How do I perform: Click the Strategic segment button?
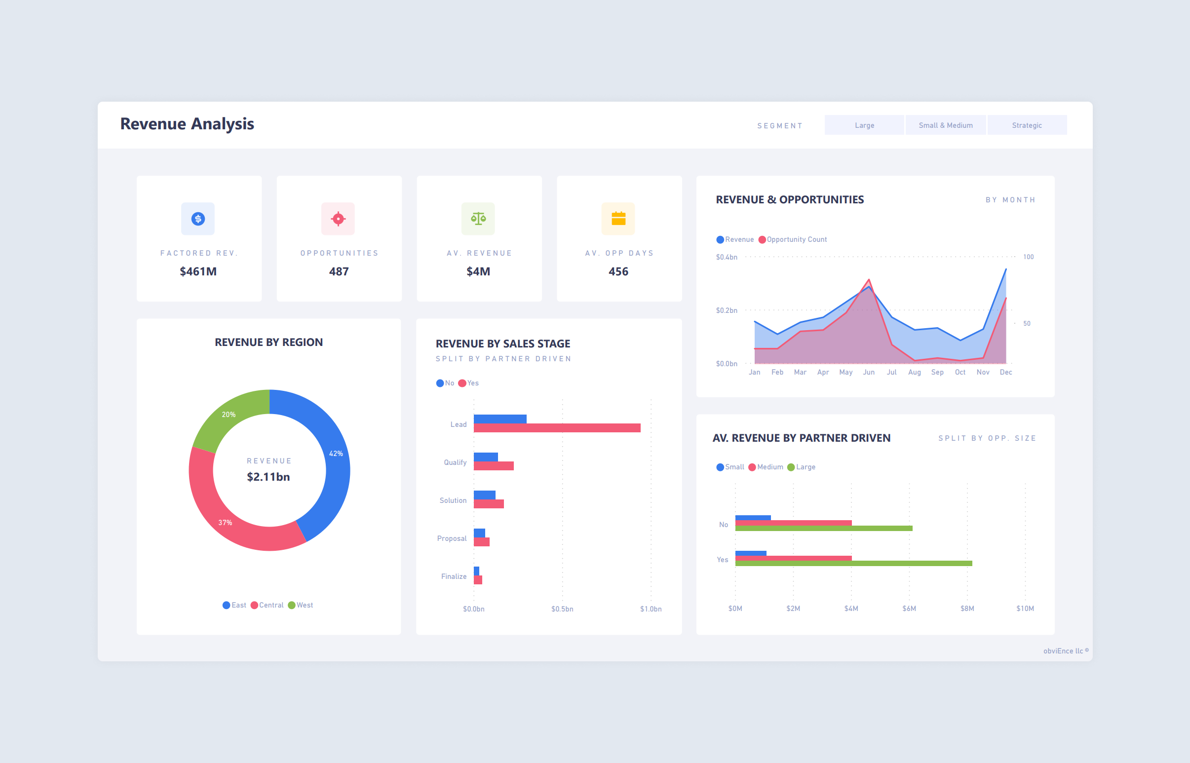point(1027,125)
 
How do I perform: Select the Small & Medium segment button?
point(945,125)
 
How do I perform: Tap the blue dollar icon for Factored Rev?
point(197,219)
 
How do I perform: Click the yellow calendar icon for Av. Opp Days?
point(618,219)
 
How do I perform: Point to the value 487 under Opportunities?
point(339,271)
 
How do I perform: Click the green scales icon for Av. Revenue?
point(478,219)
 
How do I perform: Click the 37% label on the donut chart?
point(225,523)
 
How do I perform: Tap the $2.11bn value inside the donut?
point(269,477)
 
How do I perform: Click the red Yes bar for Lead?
point(557,428)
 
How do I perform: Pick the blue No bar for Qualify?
point(486,457)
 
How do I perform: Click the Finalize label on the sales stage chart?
point(454,577)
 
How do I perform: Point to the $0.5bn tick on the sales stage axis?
point(562,609)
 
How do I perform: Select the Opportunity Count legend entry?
point(796,240)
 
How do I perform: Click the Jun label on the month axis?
point(869,373)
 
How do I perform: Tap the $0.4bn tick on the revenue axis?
point(726,257)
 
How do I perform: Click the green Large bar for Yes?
point(853,563)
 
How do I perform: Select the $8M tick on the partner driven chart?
point(967,609)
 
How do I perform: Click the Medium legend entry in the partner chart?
point(769,467)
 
